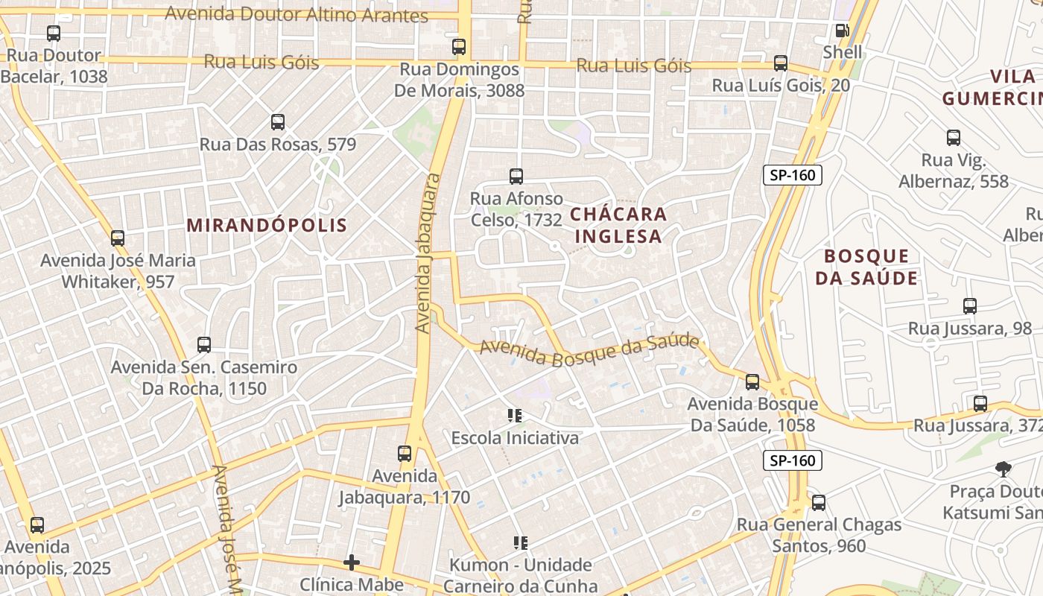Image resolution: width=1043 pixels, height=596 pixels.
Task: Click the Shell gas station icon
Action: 842,31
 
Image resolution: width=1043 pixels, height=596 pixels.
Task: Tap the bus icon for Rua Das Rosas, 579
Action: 278,121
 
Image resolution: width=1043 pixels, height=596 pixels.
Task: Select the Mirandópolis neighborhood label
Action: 267,225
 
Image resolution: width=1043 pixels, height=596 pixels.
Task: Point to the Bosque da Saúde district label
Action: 866,267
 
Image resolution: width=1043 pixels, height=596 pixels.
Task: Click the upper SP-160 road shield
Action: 793,176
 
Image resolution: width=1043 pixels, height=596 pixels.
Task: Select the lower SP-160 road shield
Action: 793,460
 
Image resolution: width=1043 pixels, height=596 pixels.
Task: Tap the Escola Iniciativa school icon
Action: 515,416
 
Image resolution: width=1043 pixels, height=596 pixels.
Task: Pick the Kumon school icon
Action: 520,543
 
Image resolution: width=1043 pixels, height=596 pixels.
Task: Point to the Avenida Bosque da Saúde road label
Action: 589,351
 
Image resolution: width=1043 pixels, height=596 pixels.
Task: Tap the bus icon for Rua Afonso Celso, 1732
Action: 516,177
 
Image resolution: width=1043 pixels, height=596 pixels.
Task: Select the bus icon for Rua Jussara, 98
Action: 970,306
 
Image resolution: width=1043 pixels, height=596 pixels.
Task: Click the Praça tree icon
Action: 1004,469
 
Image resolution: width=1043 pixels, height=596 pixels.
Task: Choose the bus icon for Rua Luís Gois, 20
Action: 781,63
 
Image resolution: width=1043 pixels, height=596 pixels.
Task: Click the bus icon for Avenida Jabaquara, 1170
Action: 405,453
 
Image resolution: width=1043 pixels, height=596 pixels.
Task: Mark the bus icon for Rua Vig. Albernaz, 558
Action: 954,138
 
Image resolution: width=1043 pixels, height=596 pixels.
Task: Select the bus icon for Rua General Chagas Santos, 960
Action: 819,503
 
